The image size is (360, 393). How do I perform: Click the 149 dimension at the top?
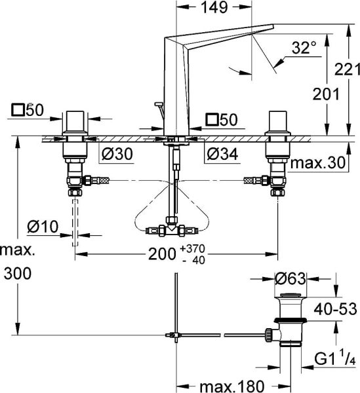(x=214, y=7)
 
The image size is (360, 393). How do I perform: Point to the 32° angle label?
(x=304, y=47)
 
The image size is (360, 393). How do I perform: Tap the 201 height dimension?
(x=326, y=94)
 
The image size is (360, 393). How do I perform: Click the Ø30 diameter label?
(x=117, y=153)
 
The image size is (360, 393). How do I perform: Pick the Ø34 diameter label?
(x=222, y=153)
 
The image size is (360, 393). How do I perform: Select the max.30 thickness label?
(x=318, y=162)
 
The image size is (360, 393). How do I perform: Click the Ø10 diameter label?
(x=43, y=227)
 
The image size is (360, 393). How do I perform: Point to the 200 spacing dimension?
(x=162, y=254)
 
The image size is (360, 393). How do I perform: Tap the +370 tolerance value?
(x=192, y=249)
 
